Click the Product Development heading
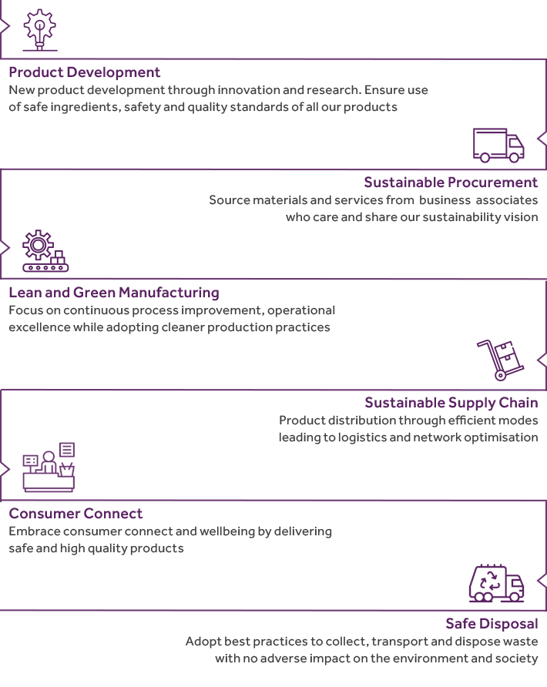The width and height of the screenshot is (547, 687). [85, 72]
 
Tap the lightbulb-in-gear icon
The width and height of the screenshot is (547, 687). [40, 29]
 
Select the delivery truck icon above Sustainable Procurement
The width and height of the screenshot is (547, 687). [498, 145]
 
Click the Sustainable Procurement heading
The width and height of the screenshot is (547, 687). [451, 183]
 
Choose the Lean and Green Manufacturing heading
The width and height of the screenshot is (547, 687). [114, 293]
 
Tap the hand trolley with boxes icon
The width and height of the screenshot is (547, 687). [500, 360]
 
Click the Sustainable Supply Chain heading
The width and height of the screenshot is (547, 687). [451, 403]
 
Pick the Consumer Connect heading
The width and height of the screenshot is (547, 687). [76, 513]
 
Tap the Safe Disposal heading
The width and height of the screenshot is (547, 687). [492, 623]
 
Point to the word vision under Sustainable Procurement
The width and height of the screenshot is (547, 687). [519, 217]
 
